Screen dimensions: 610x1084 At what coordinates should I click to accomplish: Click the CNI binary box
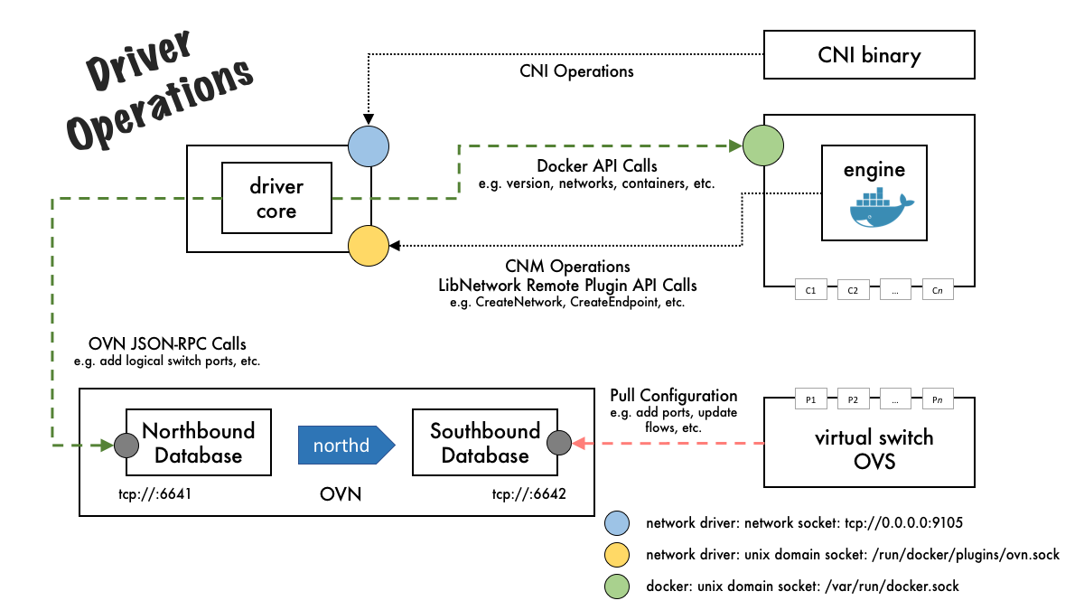click(x=869, y=56)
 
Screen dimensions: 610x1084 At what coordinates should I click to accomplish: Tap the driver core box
click(x=276, y=199)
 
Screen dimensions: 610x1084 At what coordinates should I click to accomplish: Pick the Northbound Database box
click(x=199, y=442)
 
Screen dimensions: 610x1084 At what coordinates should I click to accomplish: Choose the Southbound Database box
click(x=485, y=442)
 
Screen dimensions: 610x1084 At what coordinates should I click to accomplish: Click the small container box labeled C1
click(x=810, y=291)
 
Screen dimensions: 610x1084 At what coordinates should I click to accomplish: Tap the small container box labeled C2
click(x=853, y=291)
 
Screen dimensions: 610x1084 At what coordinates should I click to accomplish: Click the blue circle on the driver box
click(x=369, y=145)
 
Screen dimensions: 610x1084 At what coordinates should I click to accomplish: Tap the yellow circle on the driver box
click(x=369, y=244)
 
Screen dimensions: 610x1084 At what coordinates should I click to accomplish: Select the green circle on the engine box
click(x=762, y=145)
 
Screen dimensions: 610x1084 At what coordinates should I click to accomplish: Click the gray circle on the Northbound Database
click(x=126, y=444)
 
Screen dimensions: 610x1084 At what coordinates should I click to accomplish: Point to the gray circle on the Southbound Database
click(x=559, y=443)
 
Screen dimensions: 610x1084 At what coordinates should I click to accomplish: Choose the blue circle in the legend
click(x=620, y=523)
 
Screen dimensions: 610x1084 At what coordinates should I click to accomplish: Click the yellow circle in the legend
click(x=620, y=555)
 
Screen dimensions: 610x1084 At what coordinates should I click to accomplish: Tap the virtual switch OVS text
click(x=874, y=449)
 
